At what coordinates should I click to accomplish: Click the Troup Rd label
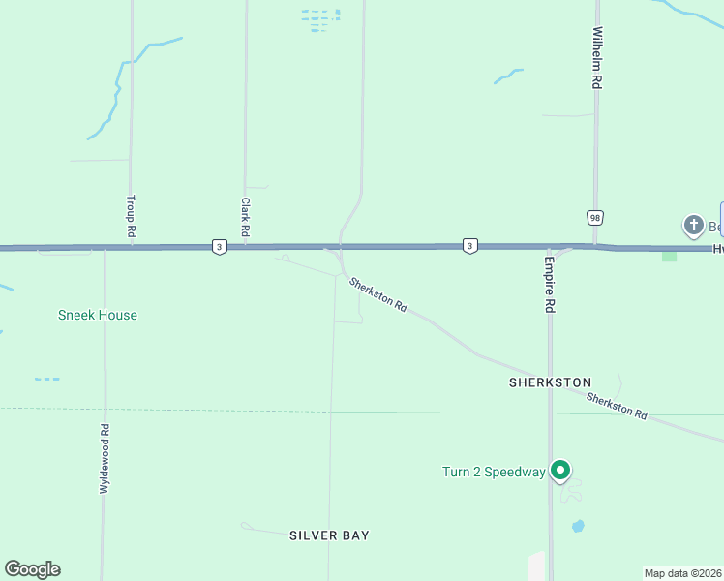130,216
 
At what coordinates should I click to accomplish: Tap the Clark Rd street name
246,218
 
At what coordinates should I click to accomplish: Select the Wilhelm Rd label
597,58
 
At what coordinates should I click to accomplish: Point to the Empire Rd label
549,283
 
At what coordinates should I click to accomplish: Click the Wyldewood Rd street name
104,459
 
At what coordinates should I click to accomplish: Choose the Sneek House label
98,315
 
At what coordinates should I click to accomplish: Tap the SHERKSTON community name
550,382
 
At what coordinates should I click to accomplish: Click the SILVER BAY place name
329,535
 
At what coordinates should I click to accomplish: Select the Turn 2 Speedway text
494,472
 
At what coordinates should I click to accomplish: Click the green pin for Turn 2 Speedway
560,471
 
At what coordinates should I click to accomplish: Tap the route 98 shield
594,217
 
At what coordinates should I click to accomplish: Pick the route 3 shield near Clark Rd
221,247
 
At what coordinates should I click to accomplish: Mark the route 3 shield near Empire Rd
469,246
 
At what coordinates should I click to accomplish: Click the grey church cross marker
693,226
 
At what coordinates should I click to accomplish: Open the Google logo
32,568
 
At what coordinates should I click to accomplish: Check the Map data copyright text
683,573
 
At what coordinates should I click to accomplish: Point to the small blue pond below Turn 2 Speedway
578,527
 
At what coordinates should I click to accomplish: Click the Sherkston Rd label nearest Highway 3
377,293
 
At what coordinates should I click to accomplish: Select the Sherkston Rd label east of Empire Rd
617,406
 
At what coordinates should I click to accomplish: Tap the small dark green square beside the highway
669,256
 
